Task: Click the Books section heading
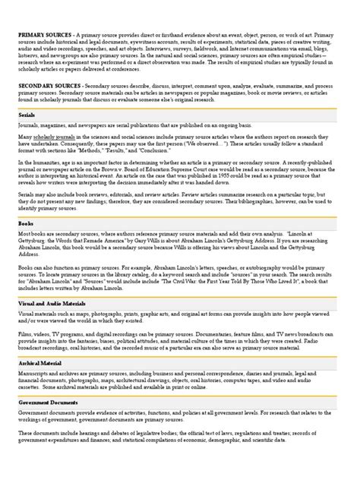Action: click(x=26, y=225)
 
